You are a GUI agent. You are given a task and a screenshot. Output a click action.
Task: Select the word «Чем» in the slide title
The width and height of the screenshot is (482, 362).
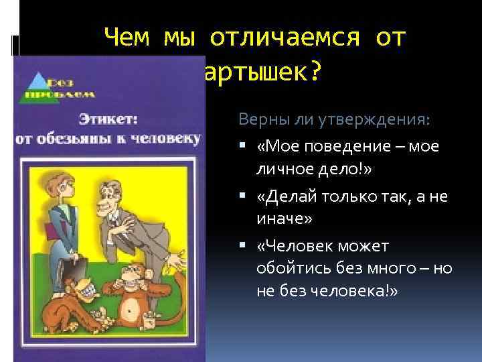(130, 39)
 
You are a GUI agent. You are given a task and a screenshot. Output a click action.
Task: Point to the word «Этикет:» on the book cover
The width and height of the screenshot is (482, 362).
(108, 119)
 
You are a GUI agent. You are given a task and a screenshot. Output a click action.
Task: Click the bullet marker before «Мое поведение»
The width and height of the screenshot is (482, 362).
(243, 147)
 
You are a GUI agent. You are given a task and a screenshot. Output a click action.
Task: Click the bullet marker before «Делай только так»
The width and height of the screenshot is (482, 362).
(243, 196)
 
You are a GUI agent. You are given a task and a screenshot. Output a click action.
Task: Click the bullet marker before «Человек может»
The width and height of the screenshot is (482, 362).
(243, 246)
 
